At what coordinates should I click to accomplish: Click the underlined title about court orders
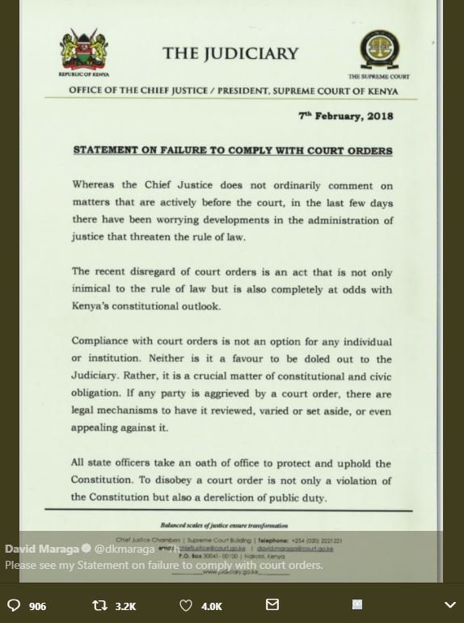point(233,151)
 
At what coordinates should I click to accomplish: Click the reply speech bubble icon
point(14,605)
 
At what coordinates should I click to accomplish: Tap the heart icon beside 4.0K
point(185,605)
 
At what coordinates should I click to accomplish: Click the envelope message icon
point(272,604)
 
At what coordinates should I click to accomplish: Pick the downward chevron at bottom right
point(450,605)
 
